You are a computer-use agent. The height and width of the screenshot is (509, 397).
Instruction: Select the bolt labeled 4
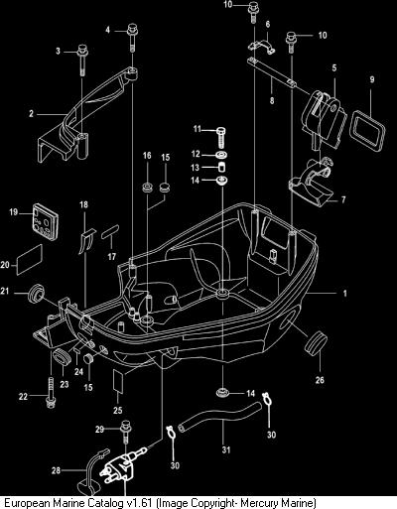[132, 37]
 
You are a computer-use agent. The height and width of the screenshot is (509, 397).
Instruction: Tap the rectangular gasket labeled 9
[367, 131]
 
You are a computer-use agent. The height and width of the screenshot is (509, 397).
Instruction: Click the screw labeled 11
[221, 137]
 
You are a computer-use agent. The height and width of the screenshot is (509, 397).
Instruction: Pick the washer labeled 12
[221, 155]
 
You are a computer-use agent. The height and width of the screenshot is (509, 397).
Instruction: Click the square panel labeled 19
[46, 221]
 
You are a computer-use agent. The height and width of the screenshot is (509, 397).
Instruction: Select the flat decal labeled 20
[30, 260]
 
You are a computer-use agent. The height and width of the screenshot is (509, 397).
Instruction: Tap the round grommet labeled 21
[36, 293]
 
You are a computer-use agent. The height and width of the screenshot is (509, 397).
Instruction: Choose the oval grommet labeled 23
[62, 356]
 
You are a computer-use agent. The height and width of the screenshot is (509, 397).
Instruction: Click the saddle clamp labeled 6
[262, 46]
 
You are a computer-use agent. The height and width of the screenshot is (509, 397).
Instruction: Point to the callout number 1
[344, 293]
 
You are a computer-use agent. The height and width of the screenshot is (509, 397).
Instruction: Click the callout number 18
[83, 204]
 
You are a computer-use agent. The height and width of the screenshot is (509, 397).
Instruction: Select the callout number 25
[118, 410]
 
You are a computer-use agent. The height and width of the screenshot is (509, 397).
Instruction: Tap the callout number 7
[343, 199]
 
